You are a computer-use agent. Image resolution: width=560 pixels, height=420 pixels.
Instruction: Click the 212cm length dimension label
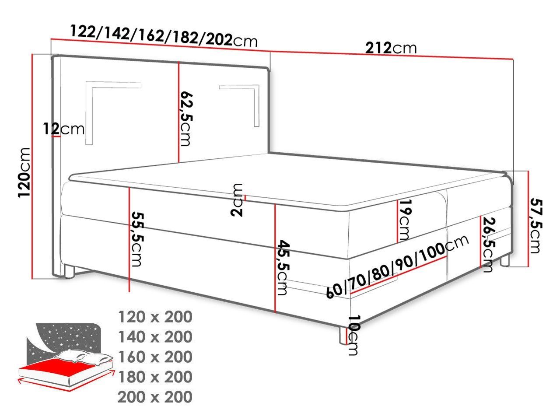coord(391,48)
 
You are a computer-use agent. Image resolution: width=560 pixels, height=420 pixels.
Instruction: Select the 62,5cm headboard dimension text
coord(186,119)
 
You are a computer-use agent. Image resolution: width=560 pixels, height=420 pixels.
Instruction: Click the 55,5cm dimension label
coord(137,240)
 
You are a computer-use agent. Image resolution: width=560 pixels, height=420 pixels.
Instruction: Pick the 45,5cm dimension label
coord(283,267)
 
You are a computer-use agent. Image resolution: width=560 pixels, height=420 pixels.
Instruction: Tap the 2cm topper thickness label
coord(237,200)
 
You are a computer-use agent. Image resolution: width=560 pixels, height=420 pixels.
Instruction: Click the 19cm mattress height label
coord(404,220)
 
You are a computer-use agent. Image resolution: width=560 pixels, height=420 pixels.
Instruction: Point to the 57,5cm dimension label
coord(536,226)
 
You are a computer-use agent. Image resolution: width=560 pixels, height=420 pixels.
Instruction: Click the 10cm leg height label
coord(354,335)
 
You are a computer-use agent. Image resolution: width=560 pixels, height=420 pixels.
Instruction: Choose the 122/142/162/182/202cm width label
coord(164,36)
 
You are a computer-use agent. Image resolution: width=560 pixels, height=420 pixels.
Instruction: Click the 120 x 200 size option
coord(155,317)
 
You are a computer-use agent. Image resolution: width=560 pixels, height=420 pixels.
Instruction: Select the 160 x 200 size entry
coord(155,357)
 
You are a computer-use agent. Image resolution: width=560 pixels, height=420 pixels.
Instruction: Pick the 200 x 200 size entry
coord(155,397)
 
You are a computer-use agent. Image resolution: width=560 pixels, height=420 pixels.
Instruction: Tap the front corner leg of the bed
coord(343,335)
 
